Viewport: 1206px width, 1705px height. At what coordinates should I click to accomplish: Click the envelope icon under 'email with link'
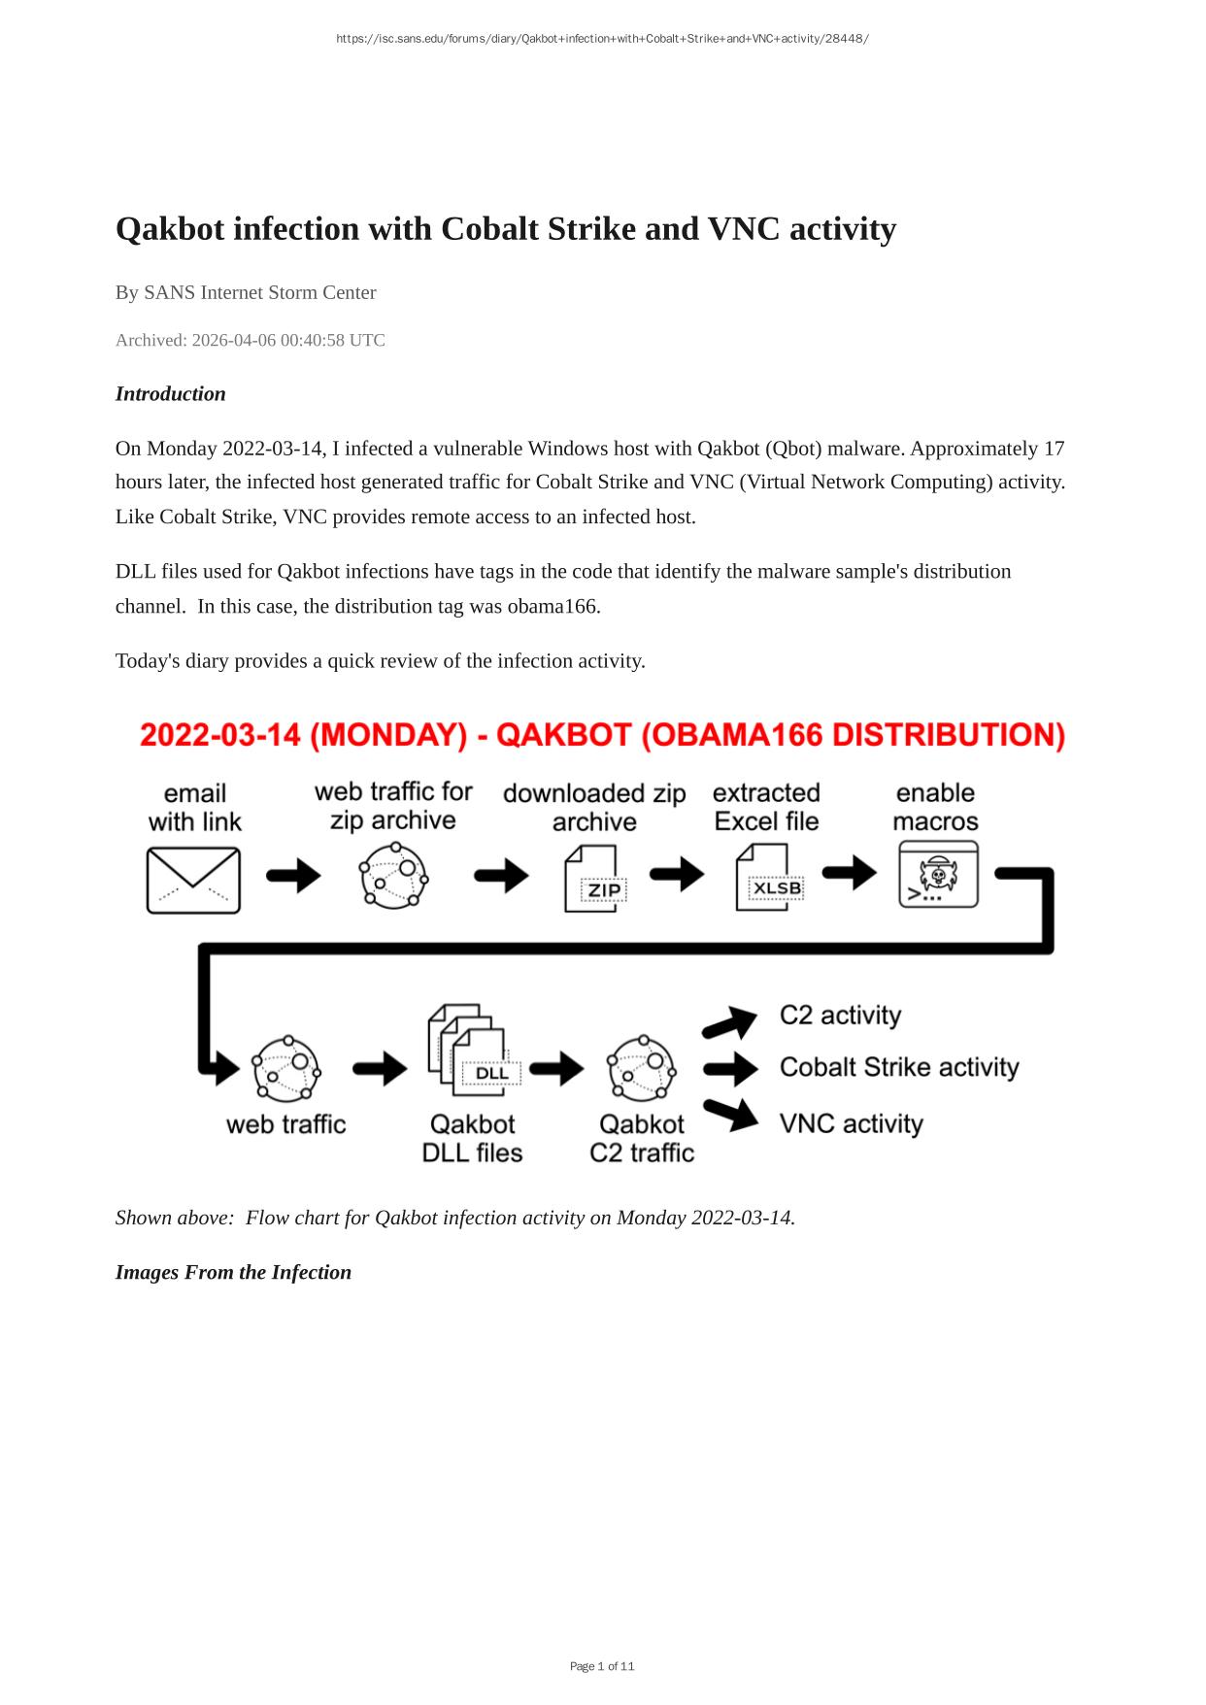[x=193, y=880]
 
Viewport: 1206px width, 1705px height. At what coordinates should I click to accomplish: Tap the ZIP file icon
[x=594, y=878]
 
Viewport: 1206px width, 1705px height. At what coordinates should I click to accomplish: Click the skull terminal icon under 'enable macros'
[x=937, y=875]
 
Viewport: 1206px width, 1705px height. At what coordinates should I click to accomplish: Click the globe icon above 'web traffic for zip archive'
[x=393, y=875]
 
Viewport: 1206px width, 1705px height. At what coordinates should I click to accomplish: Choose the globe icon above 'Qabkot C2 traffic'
[x=642, y=1069]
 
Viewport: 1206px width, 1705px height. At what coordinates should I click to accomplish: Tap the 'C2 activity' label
[x=840, y=1016]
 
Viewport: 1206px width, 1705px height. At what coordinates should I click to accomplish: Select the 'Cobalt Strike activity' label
[x=898, y=1068]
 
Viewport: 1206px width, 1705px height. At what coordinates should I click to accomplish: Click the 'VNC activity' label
[x=851, y=1124]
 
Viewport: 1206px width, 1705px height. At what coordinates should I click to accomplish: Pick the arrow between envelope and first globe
[x=292, y=876]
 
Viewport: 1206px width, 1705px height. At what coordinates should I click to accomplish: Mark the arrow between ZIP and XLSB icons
[x=677, y=874]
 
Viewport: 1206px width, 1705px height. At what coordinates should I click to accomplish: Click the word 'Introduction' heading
[x=171, y=394]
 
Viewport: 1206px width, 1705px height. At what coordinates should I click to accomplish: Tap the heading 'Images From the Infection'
[x=233, y=1273]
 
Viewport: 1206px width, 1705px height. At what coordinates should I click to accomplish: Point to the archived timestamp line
[x=251, y=341]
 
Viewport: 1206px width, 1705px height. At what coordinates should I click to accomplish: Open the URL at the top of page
[x=602, y=39]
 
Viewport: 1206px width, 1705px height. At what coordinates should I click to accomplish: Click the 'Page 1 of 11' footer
[x=602, y=1666]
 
